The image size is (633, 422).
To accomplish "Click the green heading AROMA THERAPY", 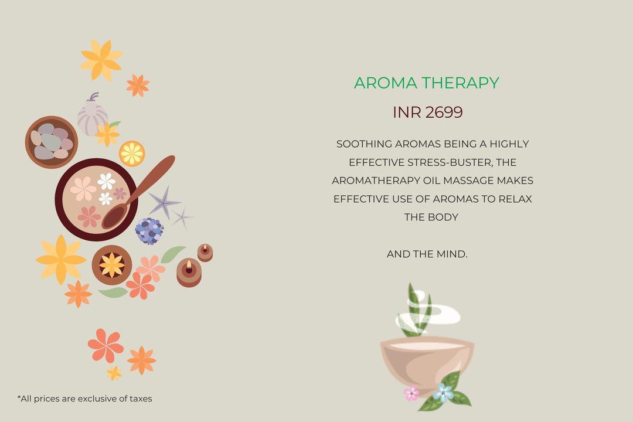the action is [426, 83].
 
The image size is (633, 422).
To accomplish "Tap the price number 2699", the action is [444, 113].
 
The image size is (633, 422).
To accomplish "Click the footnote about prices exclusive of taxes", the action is [85, 399].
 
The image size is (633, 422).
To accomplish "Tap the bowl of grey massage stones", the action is [51, 142].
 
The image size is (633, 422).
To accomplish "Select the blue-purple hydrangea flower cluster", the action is [149, 231].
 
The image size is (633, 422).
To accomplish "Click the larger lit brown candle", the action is [189, 273].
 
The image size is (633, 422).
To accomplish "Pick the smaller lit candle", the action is [205, 253].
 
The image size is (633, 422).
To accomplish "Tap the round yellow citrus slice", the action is [132, 154].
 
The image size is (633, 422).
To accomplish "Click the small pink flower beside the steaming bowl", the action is [411, 393].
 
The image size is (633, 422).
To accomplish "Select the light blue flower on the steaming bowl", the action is [443, 392].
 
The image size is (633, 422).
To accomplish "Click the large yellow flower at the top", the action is [101, 60].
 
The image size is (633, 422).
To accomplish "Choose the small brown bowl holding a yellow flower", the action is [112, 266].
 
